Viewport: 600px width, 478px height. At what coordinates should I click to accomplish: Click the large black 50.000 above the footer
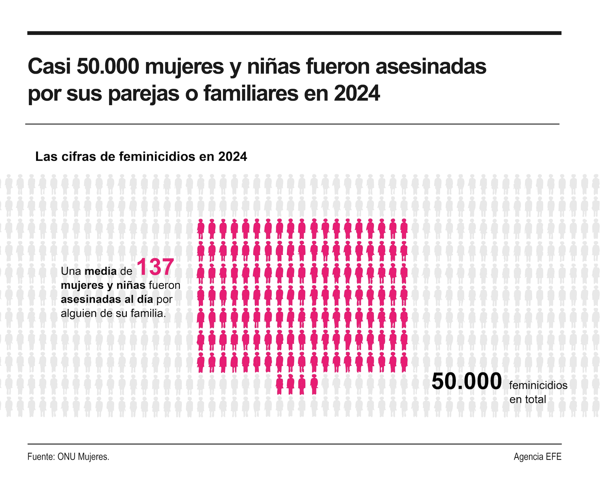coord(466,381)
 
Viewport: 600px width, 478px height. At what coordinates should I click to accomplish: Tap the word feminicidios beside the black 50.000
coord(538,385)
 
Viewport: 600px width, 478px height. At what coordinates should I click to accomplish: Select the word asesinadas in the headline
coord(431,67)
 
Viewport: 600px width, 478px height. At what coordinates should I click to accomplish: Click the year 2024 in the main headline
coord(357,93)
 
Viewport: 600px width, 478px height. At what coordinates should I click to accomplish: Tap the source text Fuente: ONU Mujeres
coord(68,457)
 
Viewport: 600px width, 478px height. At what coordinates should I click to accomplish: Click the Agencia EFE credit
coord(537,457)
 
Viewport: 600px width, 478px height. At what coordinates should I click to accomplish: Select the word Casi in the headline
coord(49,67)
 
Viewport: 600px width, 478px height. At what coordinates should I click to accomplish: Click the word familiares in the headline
coord(251,93)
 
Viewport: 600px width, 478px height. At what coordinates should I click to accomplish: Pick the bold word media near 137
coord(101,271)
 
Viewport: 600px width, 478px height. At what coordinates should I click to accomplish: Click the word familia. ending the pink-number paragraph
coord(148,313)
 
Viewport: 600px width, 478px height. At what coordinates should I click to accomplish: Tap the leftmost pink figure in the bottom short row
coord(279,385)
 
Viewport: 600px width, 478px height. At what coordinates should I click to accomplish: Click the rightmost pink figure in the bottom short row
coord(314,385)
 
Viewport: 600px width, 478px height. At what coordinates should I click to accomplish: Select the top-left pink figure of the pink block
coord(201,229)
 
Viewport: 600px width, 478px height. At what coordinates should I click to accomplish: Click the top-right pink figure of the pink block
coord(404,229)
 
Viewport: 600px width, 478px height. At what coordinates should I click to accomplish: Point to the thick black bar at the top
coord(294,33)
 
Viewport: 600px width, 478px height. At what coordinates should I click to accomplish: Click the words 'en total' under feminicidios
coord(528,399)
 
